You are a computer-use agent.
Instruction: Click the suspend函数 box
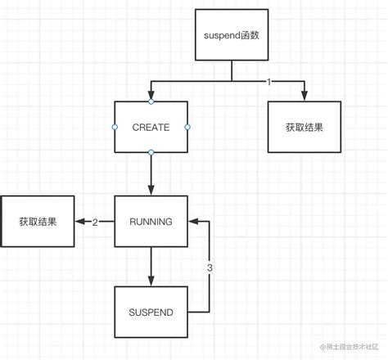232,35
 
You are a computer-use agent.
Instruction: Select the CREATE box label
151,128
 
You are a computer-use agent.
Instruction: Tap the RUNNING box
151,221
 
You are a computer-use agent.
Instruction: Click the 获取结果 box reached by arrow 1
305,128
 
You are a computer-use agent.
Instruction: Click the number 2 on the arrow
95,222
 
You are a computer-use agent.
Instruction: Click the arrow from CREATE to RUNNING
151,173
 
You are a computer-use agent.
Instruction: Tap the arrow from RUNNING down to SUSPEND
151,266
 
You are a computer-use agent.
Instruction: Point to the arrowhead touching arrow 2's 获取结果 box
79,221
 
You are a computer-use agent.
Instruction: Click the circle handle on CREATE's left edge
114,128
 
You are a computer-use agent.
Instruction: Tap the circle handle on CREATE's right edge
187,128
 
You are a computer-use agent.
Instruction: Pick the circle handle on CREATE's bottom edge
151,153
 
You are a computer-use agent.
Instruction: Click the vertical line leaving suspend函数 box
232,71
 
